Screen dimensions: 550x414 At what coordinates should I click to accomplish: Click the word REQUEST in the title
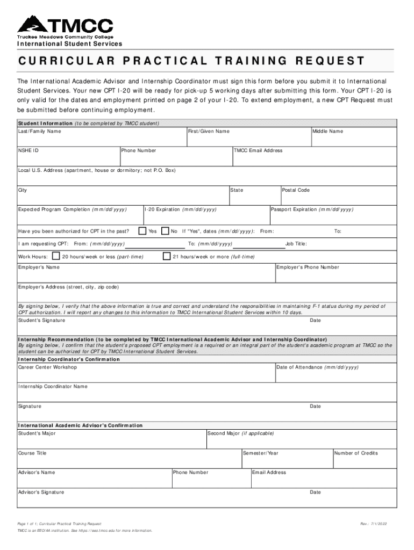point(329,61)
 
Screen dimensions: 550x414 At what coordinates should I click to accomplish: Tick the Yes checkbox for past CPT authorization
point(142,231)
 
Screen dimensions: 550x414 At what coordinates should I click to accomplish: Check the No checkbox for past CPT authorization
point(166,231)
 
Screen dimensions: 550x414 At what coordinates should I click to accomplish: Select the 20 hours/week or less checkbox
point(55,256)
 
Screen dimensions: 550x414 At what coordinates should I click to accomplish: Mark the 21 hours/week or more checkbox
point(167,256)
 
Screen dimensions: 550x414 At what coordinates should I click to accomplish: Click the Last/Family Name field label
point(40,131)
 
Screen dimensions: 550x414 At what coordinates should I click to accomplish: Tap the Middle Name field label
point(329,131)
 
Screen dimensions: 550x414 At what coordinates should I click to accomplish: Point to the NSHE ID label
point(28,150)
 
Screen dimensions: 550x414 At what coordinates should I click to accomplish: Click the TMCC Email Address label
point(258,150)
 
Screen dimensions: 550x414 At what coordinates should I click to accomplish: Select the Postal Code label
point(296,190)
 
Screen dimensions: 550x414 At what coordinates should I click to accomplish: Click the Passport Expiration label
point(312,209)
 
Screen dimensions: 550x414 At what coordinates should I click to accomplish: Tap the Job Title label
point(296,244)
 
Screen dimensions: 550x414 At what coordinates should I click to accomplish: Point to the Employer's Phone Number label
point(308,267)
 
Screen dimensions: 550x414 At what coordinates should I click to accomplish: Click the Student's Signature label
point(42,320)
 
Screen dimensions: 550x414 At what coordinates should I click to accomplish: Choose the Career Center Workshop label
point(47,367)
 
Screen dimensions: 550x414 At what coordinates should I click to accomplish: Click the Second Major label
point(241,433)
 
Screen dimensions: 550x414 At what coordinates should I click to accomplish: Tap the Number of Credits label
point(356,453)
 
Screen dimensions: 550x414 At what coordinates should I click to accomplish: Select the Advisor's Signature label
point(41,492)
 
